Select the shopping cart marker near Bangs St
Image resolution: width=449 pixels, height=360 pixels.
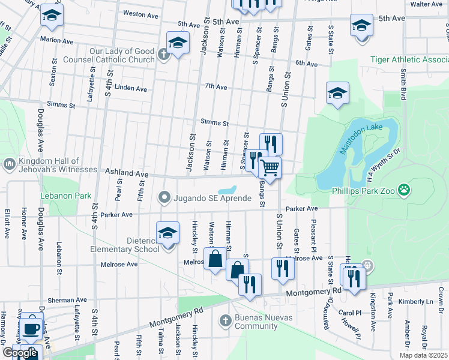pyautogui.click(x=270, y=168)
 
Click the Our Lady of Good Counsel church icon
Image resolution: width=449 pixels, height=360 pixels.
pyautogui.click(x=163, y=56)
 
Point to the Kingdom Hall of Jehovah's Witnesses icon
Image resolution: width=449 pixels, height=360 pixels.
pyautogui.click(x=9, y=164)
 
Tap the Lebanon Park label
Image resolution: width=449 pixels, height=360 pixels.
pyautogui.click(x=65, y=196)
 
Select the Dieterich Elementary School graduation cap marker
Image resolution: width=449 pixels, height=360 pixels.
pyautogui.click(x=168, y=233)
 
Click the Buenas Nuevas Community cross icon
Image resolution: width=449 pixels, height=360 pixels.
pyautogui.click(x=225, y=321)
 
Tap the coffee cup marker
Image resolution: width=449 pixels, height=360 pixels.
pyautogui.click(x=31, y=329)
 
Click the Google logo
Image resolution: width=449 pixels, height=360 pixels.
pyautogui.click(x=20, y=353)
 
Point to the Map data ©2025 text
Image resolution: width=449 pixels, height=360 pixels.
pyautogui.click(x=423, y=355)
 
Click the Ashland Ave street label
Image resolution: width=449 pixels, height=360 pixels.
pyautogui.click(x=126, y=173)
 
